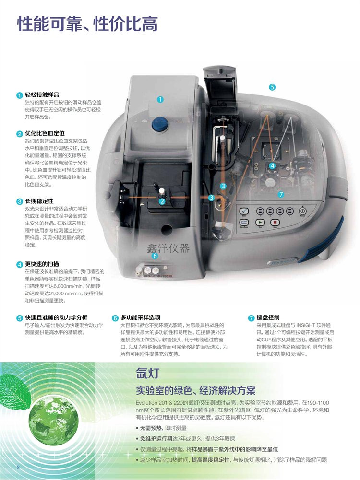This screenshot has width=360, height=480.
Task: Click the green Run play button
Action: click(x=261, y=223)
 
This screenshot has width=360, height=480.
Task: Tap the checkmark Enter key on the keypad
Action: click(x=244, y=211)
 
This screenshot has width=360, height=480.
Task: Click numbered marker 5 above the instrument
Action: click(x=272, y=87)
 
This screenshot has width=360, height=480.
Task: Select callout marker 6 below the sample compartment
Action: click(x=155, y=255)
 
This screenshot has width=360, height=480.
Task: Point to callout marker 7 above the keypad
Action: click(x=281, y=194)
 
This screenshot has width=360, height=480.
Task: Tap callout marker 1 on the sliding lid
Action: click(x=160, y=99)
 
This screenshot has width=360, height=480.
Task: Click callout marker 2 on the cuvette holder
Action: click(x=162, y=201)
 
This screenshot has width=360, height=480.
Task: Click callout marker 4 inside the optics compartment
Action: click(x=272, y=165)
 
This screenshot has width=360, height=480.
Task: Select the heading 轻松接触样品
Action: click(x=42, y=95)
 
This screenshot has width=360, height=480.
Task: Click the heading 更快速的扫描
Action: click(x=42, y=264)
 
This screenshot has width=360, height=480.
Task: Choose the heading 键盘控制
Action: click(x=268, y=317)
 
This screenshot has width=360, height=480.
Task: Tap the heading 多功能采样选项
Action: click(x=140, y=317)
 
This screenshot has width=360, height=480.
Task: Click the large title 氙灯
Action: click(x=148, y=374)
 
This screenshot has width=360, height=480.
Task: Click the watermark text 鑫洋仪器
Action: click(x=168, y=247)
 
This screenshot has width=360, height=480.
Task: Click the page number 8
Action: click(x=18, y=467)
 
